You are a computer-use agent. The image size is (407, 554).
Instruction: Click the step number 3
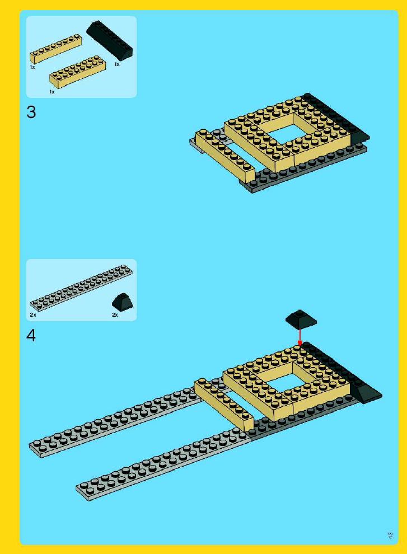point(31,112)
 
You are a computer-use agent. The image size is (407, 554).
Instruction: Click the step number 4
point(31,335)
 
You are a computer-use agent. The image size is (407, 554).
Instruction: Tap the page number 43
point(390,536)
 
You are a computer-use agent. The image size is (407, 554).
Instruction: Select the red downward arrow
point(300,337)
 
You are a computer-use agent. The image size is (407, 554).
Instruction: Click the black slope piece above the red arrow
point(301,319)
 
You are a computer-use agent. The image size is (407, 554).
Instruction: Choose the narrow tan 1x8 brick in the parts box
point(56,49)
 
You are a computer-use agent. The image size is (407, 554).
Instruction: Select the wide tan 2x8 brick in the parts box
point(77,72)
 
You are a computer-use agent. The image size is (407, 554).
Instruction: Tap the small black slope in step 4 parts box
point(123,302)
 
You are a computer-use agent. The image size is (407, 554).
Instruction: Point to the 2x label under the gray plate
point(33,314)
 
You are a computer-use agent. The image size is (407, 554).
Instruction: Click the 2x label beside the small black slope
point(115,314)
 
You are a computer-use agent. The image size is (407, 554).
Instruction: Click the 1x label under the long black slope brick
point(117,64)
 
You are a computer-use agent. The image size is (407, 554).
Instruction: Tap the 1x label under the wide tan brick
point(52,92)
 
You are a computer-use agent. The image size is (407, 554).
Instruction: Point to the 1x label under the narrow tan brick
point(32,67)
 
